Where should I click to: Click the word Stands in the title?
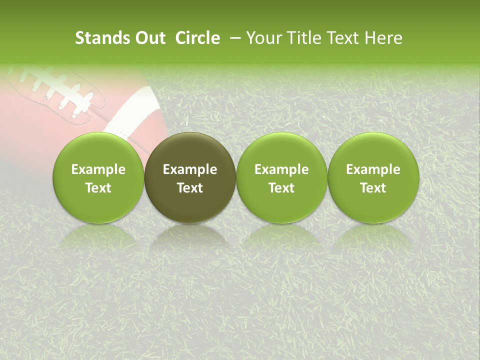coord(102,38)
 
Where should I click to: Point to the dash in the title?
coord(233,38)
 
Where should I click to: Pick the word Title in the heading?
coord(304,38)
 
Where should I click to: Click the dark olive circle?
coord(190,177)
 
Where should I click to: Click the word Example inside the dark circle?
coord(190,169)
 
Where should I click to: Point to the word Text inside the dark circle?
coord(190,188)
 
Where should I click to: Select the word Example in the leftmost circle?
coord(98,169)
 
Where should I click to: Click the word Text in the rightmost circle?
coord(373,188)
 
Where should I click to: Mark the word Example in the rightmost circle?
coord(373,169)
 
